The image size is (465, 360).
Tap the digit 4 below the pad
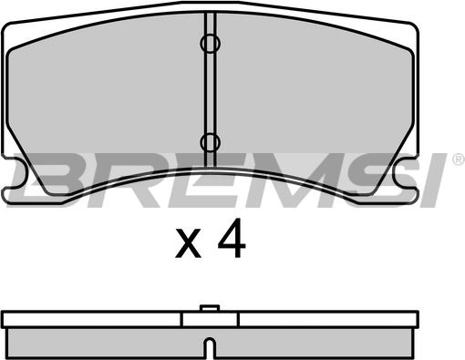click(x=232, y=238)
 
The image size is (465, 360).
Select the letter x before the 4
click(x=188, y=243)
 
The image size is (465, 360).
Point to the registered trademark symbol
click(x=459, y=159)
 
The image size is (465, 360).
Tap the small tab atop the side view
click(x=210, y=308)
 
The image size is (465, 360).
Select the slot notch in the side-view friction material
click(x=210, y=348)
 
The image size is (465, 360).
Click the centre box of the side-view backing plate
click(x=210, y=319)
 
